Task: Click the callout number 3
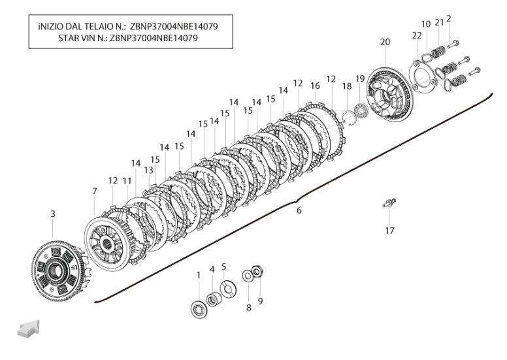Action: (x=53, y=214)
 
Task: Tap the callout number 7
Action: (x=95, y=191)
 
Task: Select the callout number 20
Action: (x=385, y=42)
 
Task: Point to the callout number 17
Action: (x=389, y=231)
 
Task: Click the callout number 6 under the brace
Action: (x=299, y=210)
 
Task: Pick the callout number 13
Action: (x=149, y=170)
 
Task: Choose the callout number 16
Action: (x=316, y=86)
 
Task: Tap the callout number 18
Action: (x=347, y=86)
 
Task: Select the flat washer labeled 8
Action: (x=247, y=276)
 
